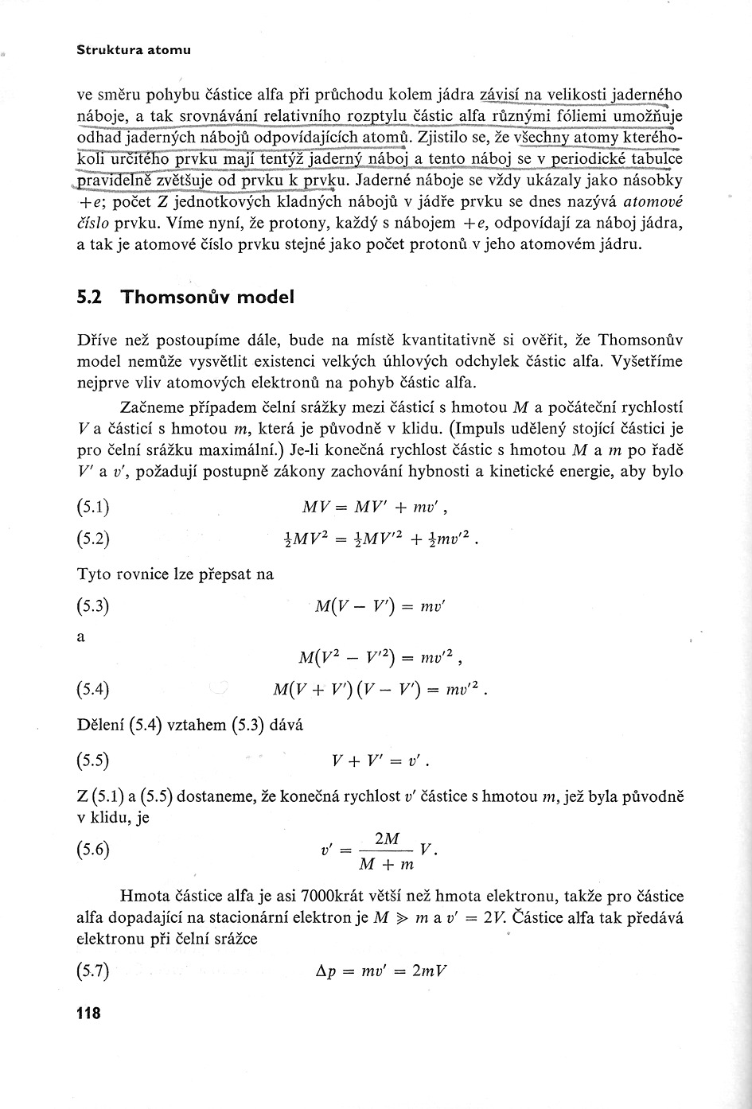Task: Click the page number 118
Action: pyautogui.click(x=88, y=1014)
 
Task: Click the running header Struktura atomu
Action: pyautogui.click(x=134, y=50)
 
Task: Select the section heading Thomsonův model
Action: pyautogui.click(x=208, y=298)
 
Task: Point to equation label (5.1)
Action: pyautogui.click(x=93, y=507)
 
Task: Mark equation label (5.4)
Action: pyautogui.click(x=93, y=689)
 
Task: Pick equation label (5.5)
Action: pyautogui.click(x=93, y=761)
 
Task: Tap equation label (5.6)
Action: pyautogui.click(x=93, y=849)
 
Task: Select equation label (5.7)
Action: pyautogui.click(x=93, y=971)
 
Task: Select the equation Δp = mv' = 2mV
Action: pyautogui.click(x=380, y=971)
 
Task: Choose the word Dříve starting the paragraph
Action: pyautogui.click(x=97, y=341)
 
